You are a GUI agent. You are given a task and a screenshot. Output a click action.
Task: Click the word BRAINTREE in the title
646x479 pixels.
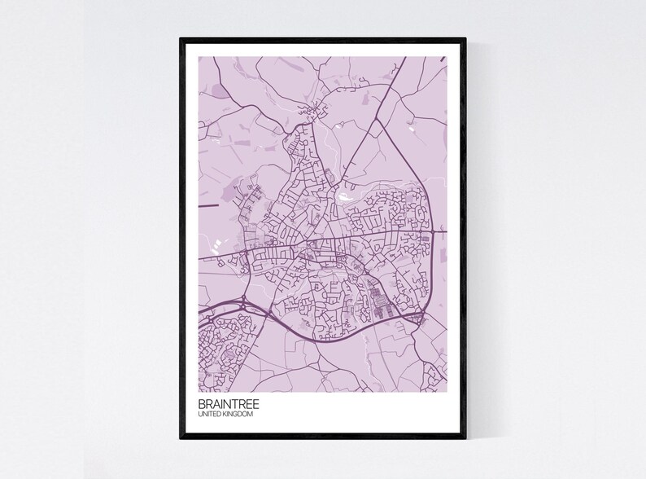tap(227, 402)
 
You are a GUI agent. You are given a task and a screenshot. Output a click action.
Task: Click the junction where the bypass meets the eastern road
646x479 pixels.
tap(420, 316)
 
